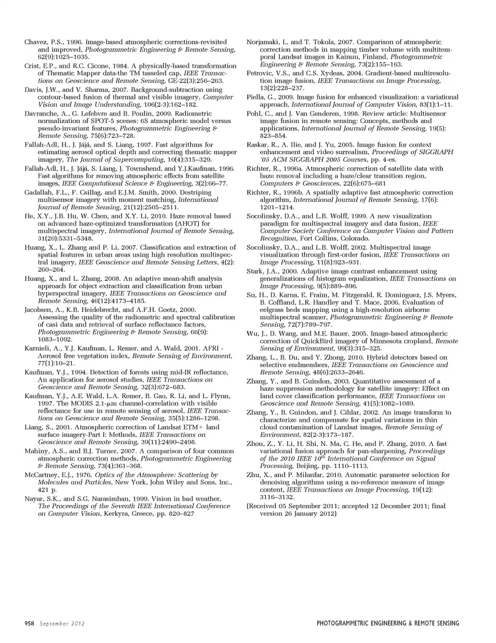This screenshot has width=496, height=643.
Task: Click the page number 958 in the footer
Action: pos(29,623)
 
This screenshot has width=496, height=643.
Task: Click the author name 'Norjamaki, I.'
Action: pos(267,42)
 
